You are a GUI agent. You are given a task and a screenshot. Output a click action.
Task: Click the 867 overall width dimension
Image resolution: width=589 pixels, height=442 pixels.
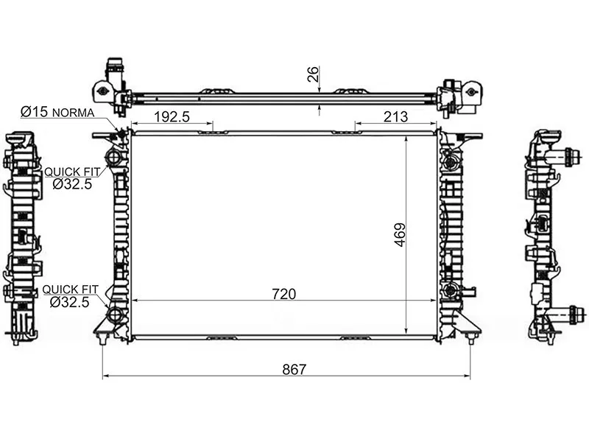[x=294, y=370]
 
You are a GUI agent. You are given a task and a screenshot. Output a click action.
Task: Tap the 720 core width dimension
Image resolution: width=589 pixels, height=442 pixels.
[x=284, y=294]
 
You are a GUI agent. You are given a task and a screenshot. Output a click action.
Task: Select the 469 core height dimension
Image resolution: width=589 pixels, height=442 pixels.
[x=400, y=235]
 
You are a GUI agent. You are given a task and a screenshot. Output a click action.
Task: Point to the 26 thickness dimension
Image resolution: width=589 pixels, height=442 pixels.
[x=312, y=74]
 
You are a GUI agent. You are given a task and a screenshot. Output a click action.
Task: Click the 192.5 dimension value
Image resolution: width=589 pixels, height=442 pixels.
[x=172, y=116]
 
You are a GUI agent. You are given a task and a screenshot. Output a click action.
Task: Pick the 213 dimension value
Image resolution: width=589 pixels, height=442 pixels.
[x=395, y=116]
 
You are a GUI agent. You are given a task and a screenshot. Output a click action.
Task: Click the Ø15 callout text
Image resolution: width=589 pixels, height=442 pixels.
[x=35, y=112]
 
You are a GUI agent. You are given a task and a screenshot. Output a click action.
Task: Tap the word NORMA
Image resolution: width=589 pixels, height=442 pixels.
[x=73, y=113]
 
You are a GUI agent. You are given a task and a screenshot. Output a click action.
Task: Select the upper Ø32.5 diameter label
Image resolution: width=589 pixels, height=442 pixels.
[x=72, y=183]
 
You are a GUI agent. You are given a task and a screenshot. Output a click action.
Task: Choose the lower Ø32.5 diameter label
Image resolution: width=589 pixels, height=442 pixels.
[x=69, y=302]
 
